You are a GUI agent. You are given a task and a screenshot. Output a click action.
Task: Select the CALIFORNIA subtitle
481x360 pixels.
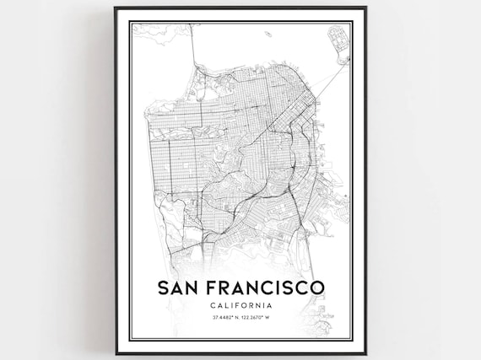point(240,304)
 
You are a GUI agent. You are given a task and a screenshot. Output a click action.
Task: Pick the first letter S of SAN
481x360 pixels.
point(162,288)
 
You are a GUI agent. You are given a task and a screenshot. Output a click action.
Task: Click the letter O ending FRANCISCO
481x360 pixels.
point(316,288)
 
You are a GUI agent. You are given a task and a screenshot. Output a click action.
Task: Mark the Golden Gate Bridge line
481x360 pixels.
point(193,59)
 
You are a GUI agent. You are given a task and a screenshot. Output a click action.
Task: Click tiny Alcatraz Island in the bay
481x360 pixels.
point(267,35)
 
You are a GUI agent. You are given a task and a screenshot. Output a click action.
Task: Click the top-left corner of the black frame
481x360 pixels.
point(115,8)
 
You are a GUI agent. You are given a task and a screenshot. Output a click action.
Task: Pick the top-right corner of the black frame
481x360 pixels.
point(366,8)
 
